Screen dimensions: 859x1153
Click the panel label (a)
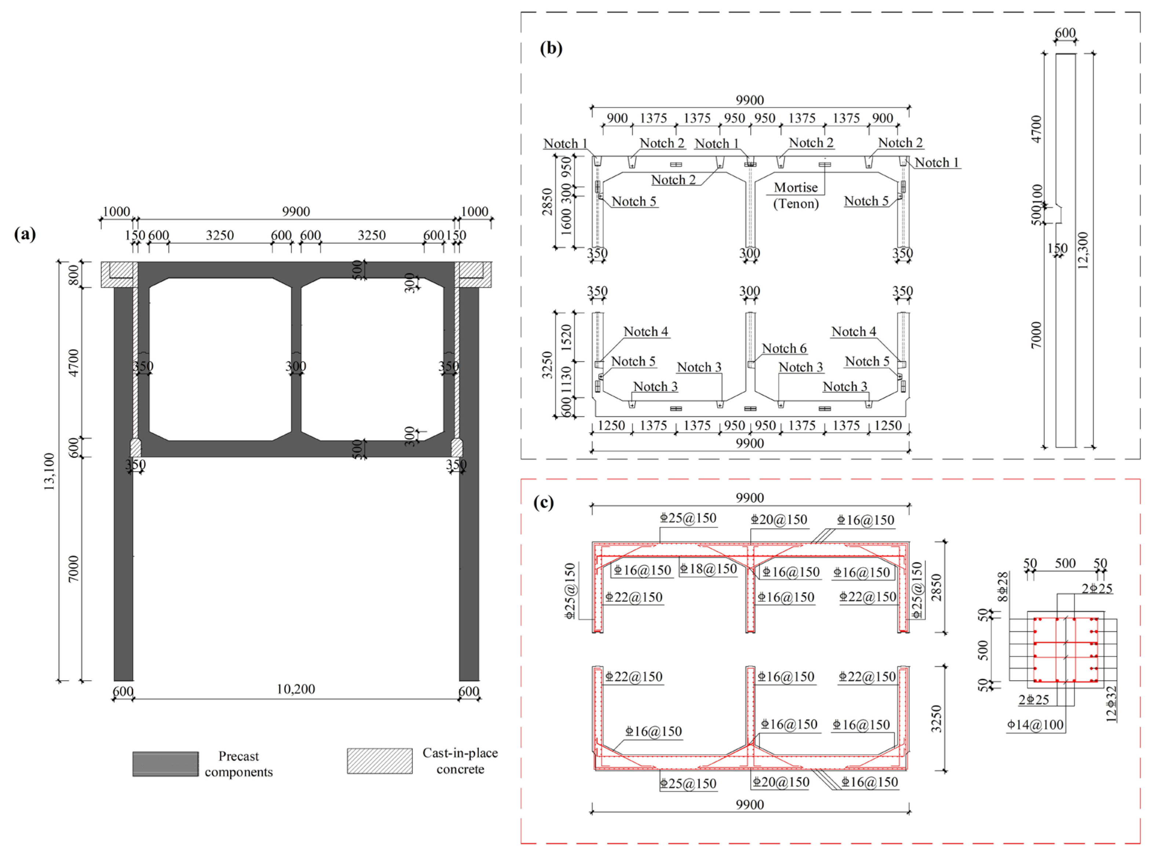(x=25, y=234)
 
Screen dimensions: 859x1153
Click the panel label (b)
(x=551, y=48)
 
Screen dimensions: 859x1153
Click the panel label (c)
(x=543, y=502)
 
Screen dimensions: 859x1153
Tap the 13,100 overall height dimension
(x=50, y=472)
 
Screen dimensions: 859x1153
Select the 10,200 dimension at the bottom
(x=295, y=689)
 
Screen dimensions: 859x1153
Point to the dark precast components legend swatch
(x=166, y=764)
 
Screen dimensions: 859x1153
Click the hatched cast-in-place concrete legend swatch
(x=380, y=761)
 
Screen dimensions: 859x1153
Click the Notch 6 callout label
(x=784, y=348)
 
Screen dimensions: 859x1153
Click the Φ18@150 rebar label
(x=708, y=569)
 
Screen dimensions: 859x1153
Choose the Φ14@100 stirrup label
(x=1035, y=725)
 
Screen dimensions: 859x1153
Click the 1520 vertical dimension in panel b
(x=566, y=337)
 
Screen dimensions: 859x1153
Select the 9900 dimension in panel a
(x=295, y=212)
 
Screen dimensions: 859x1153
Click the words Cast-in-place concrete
(x=460, y=761)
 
